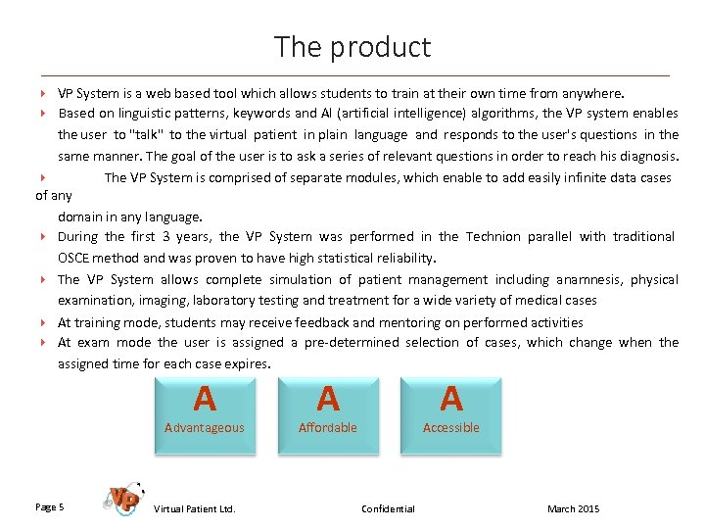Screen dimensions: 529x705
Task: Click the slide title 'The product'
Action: [352, 47]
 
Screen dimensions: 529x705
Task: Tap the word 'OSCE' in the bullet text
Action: [72, 259]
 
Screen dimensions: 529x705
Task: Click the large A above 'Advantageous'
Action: [205, 400]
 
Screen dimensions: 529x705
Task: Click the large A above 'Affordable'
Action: [328, 400]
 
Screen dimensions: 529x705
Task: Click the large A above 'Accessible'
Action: [451, 400]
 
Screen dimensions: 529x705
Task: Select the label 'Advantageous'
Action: [205, 428]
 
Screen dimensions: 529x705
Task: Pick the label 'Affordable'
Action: [328, 428]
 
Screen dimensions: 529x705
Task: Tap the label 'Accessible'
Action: [451, 428]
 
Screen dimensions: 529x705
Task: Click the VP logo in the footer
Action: [122, 499]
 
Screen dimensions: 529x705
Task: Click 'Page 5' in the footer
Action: [50, 507]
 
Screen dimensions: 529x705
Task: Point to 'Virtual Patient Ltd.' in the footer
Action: [195, 508]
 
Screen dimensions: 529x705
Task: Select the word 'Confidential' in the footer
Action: [388, 508]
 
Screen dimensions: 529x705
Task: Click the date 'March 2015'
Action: [574, 508]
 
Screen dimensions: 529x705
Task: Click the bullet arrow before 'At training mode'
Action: [44, 322]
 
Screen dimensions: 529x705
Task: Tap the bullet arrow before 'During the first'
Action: [44, 237]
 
